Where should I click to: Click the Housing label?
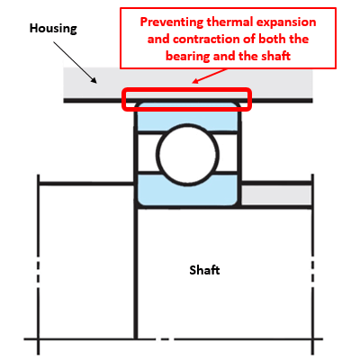53,29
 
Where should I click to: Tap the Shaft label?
204,270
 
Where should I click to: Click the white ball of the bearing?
187,155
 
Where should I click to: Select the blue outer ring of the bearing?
188,116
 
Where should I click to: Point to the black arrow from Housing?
76,62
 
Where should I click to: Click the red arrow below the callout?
210,76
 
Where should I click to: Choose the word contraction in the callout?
207,40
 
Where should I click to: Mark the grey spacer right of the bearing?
276,195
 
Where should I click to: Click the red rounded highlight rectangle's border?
186,89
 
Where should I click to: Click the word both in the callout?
272,39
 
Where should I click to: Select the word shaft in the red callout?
275,56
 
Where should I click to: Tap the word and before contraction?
158,40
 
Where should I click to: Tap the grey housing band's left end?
64,84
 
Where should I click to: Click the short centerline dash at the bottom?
165,339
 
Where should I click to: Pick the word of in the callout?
248,39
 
